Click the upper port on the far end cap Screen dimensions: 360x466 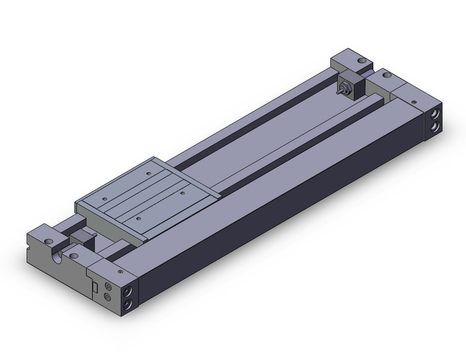[x=434, y=115]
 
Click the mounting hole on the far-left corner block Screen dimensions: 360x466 [x=362, y=62]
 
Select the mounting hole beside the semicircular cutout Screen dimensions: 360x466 [x=74, y=255]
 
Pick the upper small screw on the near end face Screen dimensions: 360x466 [x=108, y=286]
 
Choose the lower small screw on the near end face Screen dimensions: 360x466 [x=108, y=297]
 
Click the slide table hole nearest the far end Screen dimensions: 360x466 [x=148, y=175]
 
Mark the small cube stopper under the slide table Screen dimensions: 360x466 [x=80, y=240]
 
